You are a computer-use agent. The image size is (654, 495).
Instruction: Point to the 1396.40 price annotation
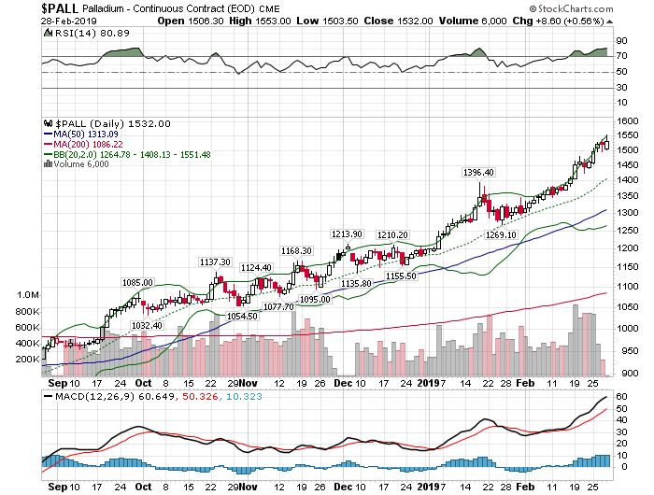pos(477,173)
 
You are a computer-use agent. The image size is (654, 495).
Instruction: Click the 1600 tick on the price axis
pos(628,121)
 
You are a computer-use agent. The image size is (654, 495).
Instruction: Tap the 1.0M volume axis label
pos(28,295)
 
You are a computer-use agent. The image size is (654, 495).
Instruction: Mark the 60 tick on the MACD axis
pos(620,398)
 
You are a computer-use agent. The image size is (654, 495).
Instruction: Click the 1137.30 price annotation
pos(216,262)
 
